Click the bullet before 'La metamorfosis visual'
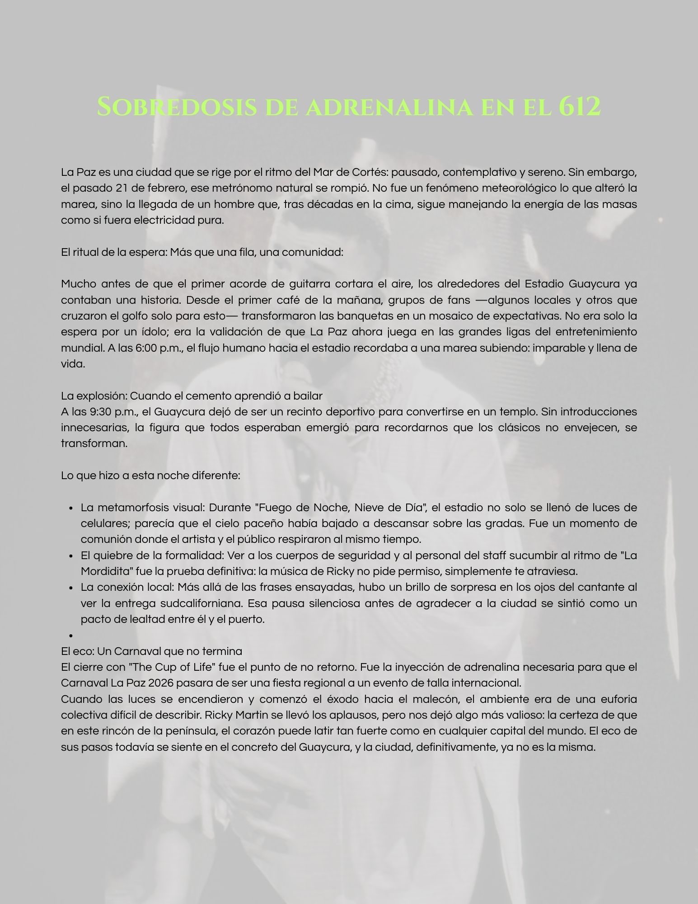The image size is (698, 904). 71,508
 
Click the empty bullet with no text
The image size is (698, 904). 71,635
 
